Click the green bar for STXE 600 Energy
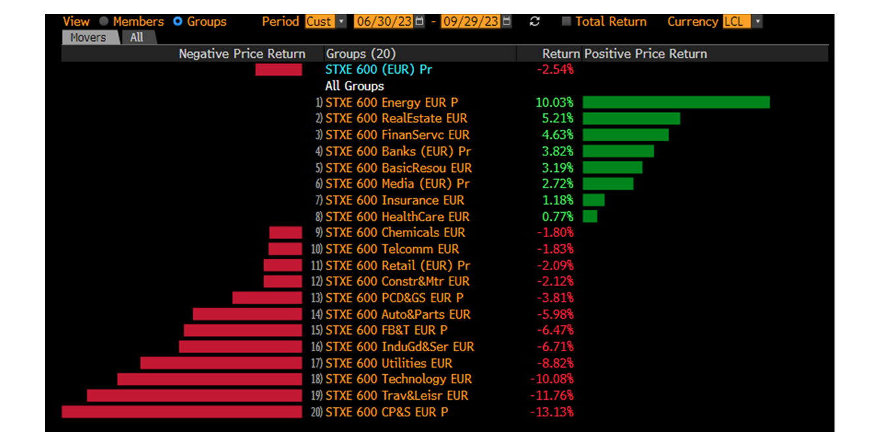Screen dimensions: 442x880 [x=676, y=102]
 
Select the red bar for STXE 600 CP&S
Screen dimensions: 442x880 [x=181, y=412]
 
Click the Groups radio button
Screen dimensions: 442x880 [x=177, y=22]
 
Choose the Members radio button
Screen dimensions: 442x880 [x=103, y=22]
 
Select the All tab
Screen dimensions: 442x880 [x=136, y=38]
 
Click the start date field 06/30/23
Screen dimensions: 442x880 [x=384, y=22]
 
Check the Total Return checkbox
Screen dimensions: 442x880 [x=566, y=22]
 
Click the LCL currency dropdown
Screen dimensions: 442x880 [x=742, y=22]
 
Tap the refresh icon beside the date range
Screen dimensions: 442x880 [x=535, y=22]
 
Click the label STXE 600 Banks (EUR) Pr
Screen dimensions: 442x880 [x=398, y=151]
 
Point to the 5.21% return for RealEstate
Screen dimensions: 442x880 [x=558, y=119]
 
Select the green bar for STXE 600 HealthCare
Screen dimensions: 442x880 [x=590, y=216]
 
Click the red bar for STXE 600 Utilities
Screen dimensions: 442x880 [x=221, y=363]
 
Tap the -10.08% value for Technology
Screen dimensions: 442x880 [x=552, y=379]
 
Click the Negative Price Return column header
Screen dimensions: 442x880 [x=242, y=54]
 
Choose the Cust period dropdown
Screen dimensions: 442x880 [x=325, y=22]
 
